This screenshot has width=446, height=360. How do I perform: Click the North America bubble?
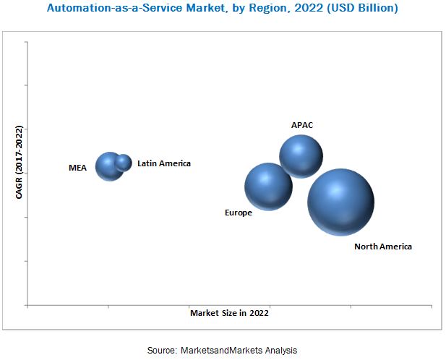click(340, 202)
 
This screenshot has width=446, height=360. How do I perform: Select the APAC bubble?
click(301, 156)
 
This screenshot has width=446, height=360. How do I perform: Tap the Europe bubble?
click(268, 187)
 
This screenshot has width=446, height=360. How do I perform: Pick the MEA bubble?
click(109, 166)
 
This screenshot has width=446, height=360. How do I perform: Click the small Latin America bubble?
click(124, 163)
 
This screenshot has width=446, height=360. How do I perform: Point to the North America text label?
click(383, 247)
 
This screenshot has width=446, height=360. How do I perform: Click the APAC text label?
click(302, 125)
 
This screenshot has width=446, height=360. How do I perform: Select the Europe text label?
click(239, 213)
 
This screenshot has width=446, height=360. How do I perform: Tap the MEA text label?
click(77, 168)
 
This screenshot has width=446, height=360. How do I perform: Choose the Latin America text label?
click(164, 163)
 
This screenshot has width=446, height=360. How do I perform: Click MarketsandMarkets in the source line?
click(223, 350)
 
